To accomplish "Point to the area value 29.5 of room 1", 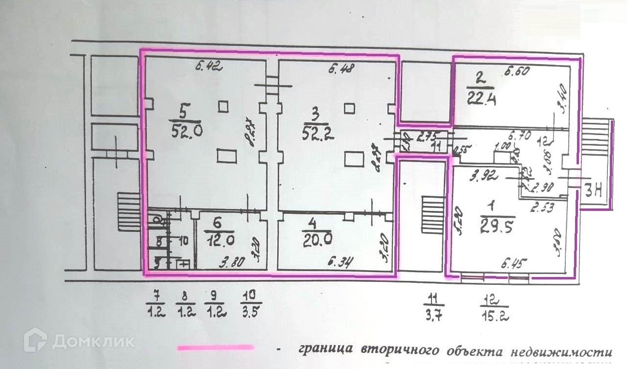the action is pyautogui.click(x=497, y=227).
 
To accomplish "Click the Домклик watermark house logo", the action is pyautogui.click(x=35, y=340).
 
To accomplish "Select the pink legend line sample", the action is pyautogui.click(x=216, y=348).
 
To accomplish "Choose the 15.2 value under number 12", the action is pyautogui.click(x=495, y=316).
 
